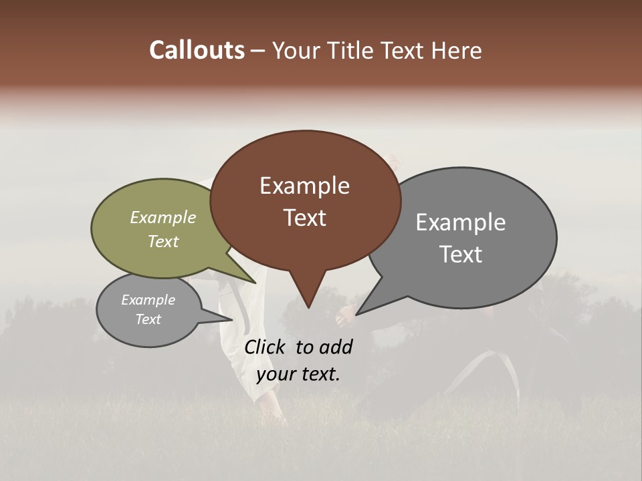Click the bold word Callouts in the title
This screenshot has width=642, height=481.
point(197,50)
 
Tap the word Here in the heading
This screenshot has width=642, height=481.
point(458,50)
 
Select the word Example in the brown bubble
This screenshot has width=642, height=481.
point(304,186)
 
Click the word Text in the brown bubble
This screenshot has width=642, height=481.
point(304,218)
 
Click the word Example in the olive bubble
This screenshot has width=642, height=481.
point(163,217)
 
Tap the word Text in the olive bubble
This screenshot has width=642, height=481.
point(163,241)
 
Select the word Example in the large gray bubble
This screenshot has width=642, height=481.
point(460,222)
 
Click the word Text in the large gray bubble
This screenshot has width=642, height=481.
point(460,255)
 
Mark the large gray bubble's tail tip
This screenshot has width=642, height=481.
point(357,314)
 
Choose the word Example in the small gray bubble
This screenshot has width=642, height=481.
point(148,300)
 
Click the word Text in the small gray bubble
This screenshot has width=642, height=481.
point(148,319)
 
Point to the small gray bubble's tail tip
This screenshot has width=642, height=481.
point(231,319)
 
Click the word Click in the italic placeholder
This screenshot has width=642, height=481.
point(265,347)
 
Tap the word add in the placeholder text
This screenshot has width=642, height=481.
point(336,347)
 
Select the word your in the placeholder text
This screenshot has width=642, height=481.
point(276,374)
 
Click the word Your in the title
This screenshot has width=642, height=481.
point(294,50)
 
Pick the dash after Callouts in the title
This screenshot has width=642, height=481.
point(258,51)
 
